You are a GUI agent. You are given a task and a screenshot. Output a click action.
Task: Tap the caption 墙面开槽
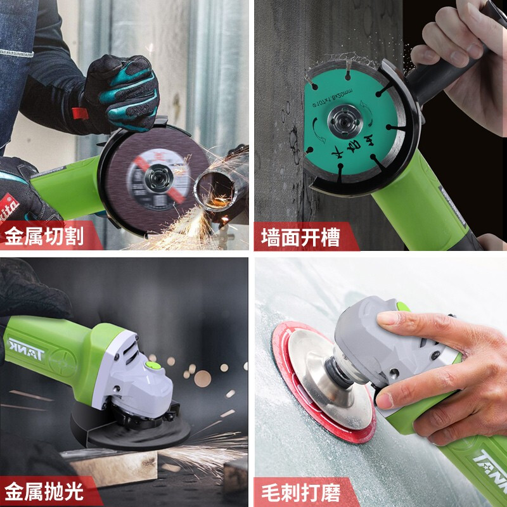[x=301, y=238]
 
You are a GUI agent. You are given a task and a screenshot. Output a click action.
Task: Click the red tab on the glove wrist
[x=79, y=115]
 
